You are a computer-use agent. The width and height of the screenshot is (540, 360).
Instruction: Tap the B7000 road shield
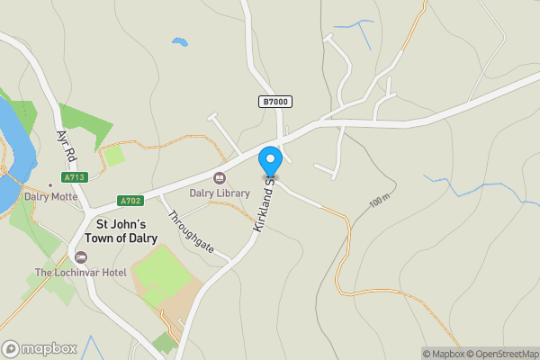coord(276,103)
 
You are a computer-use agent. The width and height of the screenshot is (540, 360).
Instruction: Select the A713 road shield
coord(75,177)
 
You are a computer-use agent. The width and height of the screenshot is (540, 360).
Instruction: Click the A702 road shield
coord(130,201)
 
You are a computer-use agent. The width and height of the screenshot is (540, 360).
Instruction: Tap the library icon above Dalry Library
coord(220,177)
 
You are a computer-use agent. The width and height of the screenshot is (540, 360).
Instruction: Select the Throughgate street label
coord(192,231)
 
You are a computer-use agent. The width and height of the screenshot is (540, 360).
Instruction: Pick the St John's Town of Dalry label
coord(121,231)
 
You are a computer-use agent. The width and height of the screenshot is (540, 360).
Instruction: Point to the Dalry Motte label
coord(51,197)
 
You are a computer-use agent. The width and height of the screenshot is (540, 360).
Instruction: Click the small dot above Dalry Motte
coord(50,185)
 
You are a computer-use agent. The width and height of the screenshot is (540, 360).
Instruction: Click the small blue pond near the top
coord(180,41)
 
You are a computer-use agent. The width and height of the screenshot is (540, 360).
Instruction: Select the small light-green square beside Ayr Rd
coord(114,156)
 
